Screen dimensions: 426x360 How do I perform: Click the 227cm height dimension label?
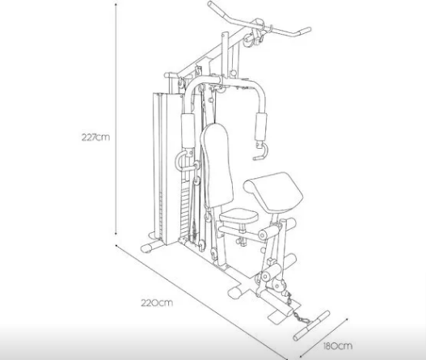(x=95, y=137)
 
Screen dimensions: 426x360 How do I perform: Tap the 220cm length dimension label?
(x=157, y=303)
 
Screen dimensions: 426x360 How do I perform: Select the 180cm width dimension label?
(x=338, y=346)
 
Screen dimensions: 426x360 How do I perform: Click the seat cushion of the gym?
(x=238, y=216)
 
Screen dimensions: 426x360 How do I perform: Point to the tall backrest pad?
(x=217, y=165)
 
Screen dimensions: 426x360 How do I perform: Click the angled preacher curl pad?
(x=273, y=192)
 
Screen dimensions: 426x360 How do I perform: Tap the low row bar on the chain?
(x=311, y=325)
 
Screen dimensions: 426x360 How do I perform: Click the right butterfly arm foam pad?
(x=261, y=127)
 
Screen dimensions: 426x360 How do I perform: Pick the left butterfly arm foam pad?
(x=188, y=131)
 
